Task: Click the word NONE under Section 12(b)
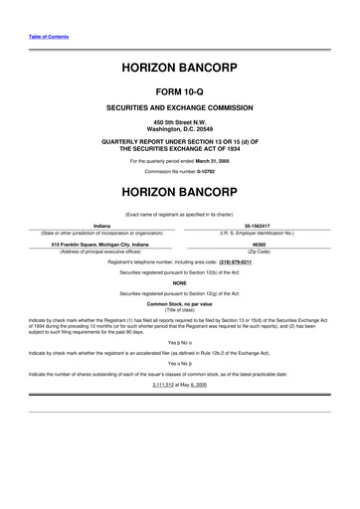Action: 179,283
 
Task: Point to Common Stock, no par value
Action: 179,301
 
